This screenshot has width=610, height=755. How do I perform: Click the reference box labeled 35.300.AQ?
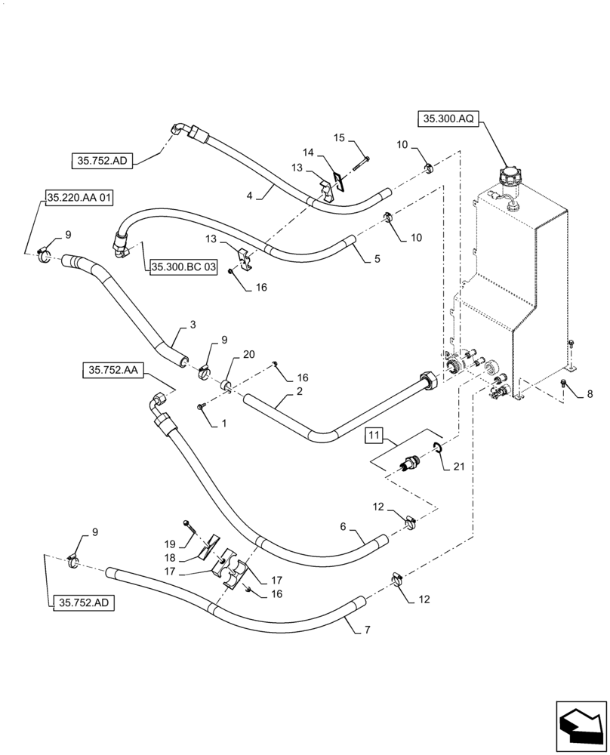coord(448,119)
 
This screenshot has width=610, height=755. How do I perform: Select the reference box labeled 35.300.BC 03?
coord(183,267)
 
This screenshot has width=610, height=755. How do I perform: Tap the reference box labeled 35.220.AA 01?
coord(79,199)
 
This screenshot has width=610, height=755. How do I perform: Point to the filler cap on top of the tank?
coord(506,180)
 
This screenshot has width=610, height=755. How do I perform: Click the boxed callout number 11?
coord(375,436)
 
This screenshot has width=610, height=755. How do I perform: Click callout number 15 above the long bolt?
coord(339,137)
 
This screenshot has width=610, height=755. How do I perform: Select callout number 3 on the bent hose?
coord(193,325)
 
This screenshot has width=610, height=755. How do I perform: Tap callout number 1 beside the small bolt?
coord(223,424)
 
